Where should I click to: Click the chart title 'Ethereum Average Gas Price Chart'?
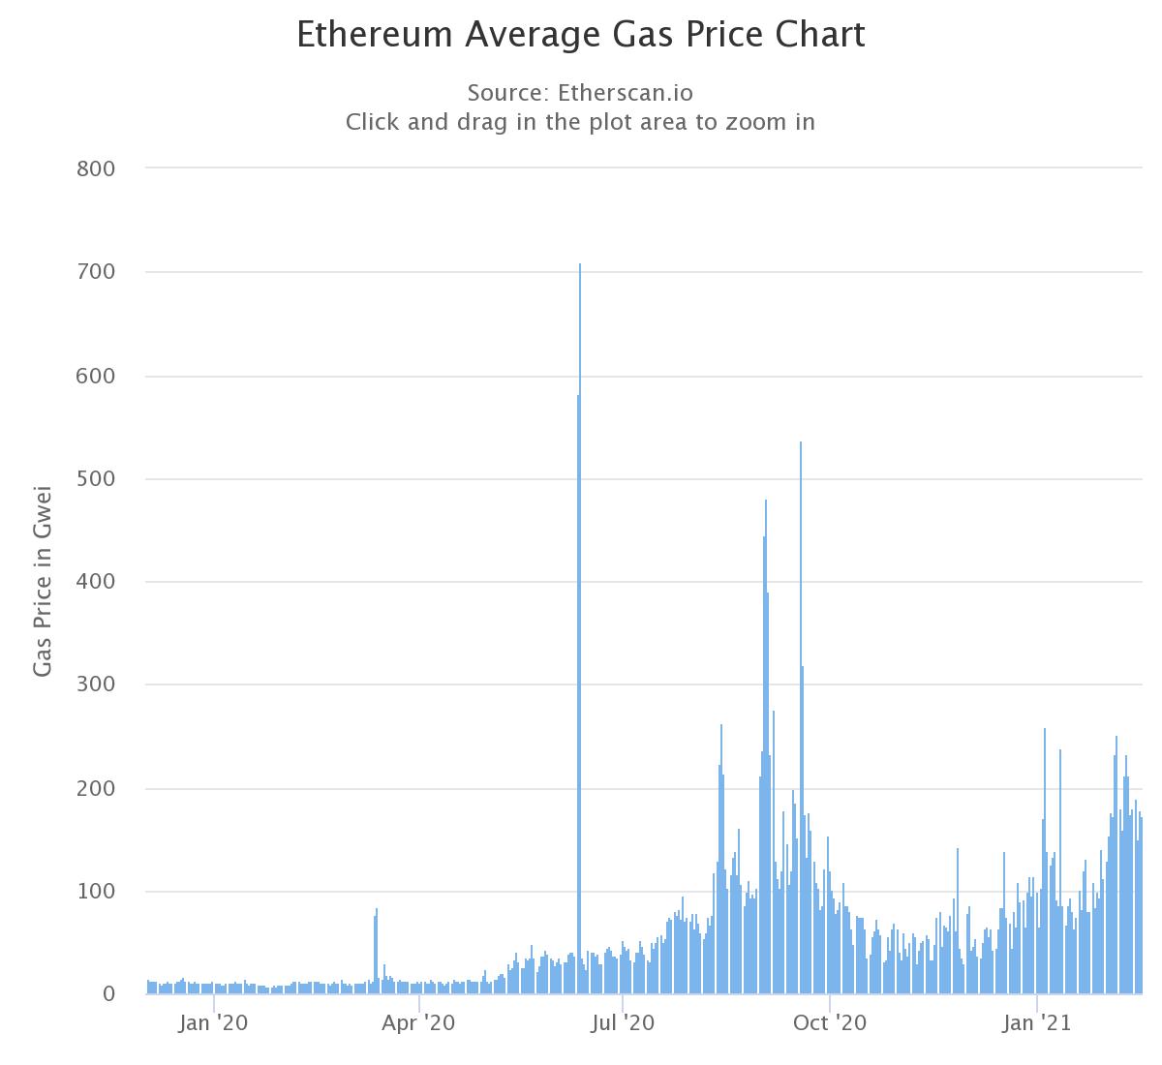coord(580,35)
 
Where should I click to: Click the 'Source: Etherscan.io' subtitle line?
coord(580,93)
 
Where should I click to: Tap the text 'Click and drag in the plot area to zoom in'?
coord(580,122)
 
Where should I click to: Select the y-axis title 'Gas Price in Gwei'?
coord(43,581)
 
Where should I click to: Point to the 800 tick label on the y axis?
coord(95,169)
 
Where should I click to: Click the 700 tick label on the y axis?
coord(95,273)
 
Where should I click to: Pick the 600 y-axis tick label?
coord(95,376)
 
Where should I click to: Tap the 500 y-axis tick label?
coord(95,479)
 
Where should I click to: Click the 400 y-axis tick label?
coord(95,582)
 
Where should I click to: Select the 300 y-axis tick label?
coord(95,685)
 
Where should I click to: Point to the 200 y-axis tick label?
coord(95,788)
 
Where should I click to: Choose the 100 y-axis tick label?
coord(95,892)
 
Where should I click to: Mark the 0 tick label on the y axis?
coord(107,994)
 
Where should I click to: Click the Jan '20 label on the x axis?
coord(213,1022)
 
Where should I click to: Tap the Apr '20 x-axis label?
coord(418,1022)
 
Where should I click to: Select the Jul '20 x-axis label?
coord(623,1022)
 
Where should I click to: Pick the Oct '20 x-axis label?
coord(830,1022)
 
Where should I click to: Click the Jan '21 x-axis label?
coord(1037,1022)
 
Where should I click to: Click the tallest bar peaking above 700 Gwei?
coord(580,629)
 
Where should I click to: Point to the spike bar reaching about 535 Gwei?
coord(801,716)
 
